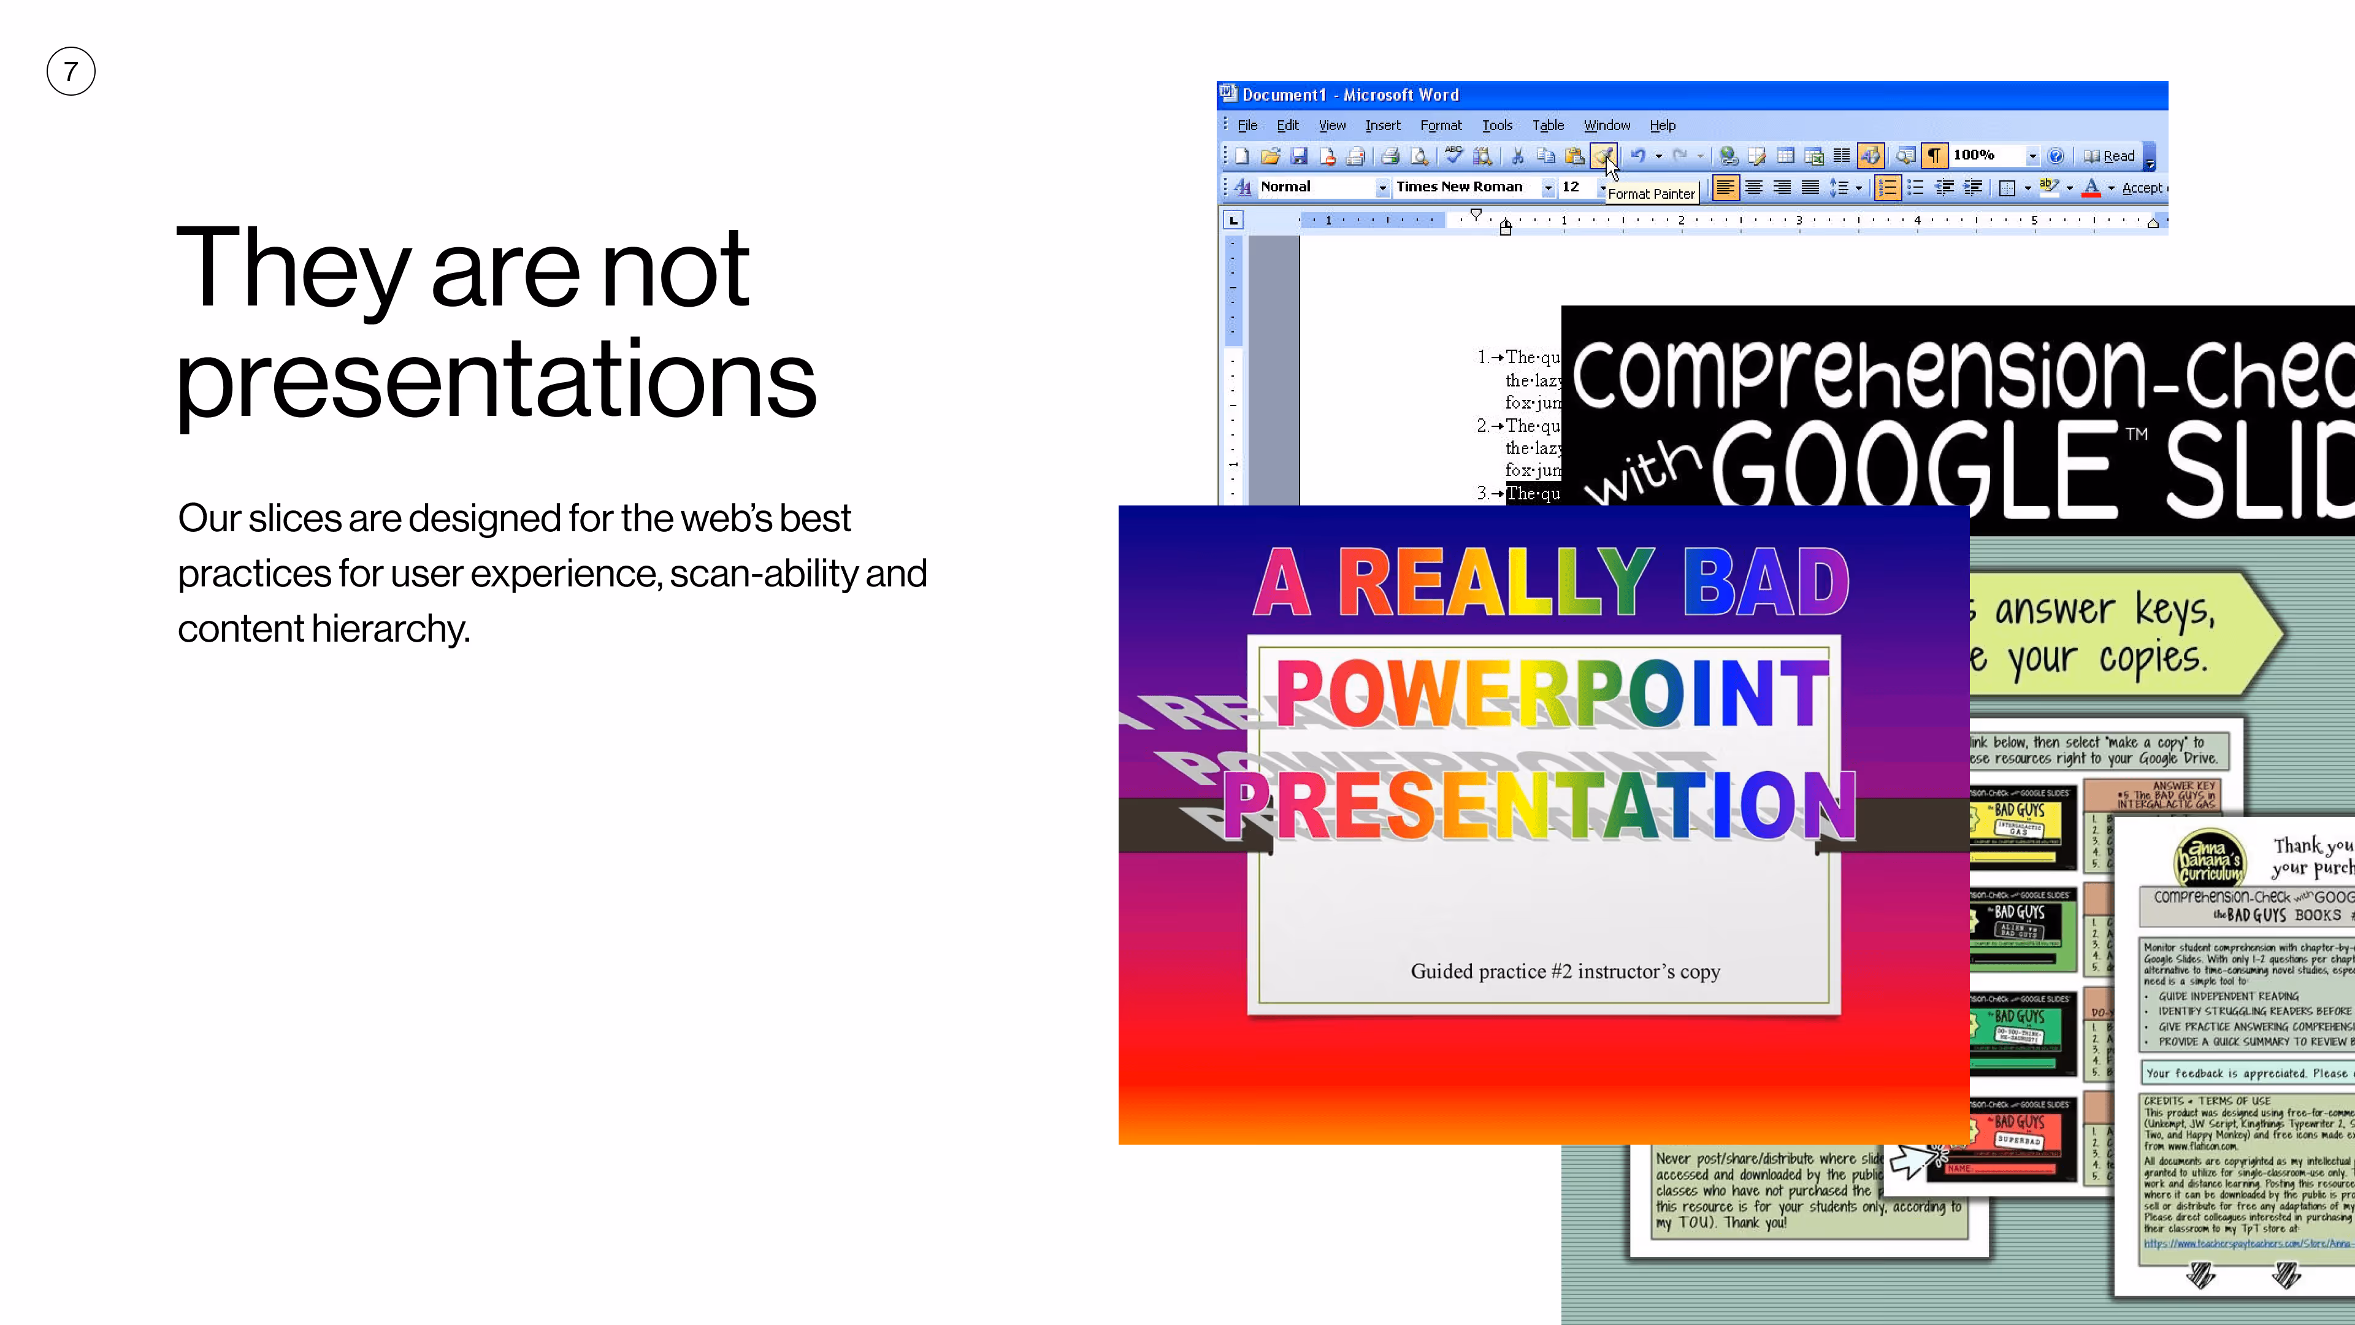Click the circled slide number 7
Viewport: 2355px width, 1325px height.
click(x=71, y=71)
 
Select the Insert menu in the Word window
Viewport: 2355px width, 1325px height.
click(x=1382, y=125)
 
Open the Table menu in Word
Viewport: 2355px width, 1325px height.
click(x=1548, y=125)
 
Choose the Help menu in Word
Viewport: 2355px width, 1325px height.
click(x=1662, y=125)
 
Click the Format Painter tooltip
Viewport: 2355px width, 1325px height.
click(x=1651, y=194)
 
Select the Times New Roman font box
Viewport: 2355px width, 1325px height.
click(x=1460, y=186)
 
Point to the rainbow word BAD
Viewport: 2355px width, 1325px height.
click(x=1766, y=583)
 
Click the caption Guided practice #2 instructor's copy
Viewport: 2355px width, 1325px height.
click(x=1565, y=971)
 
